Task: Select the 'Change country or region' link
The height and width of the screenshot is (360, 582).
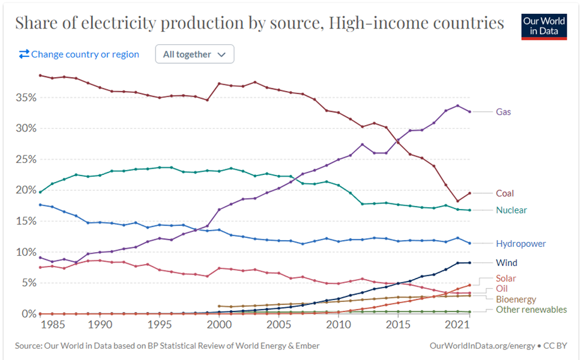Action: pyautogui.click(x=79, y=54)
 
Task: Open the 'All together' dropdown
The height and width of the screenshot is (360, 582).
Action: pyautogui.click(x=195, y=54)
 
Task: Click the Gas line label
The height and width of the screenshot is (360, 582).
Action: pyautogui.click(x=504, y=112)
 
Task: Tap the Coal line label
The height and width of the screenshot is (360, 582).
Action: pyautogui.click(x=506, y=193)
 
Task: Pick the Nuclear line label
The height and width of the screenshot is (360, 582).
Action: pyautogui.click(x=511, y=210)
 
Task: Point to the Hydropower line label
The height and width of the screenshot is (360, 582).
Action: pyautogui.click(x=521, y=244)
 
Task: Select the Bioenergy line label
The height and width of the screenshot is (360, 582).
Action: pyautogui.click(x=516, y=299)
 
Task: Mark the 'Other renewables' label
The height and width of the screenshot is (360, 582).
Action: pyautogui.click(x=531, y=309)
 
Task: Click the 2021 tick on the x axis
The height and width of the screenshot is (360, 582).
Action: pyautogui.click(x=458, y=325)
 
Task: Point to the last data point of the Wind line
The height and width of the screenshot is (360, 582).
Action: pyautogui.click(x=469, y=263)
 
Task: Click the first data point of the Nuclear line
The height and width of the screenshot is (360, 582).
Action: pyautogui.click(x=40, y=192)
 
